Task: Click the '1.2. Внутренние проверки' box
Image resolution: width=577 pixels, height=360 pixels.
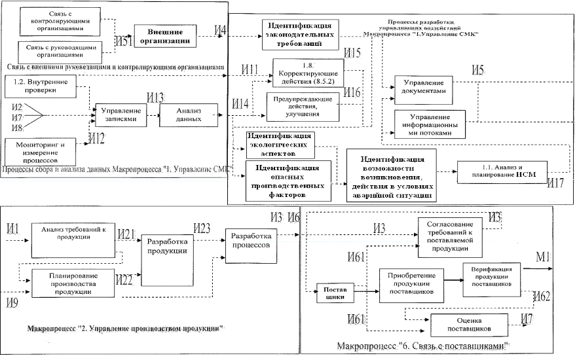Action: (41, 86)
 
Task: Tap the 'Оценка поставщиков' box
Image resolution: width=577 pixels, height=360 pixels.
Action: (470, 325)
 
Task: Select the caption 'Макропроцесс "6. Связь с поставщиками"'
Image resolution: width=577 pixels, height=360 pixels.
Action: (423, 345)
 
